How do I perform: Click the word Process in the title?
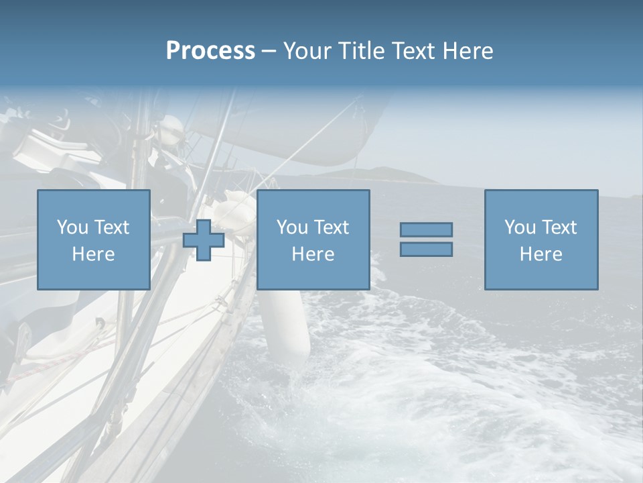coord(210,51)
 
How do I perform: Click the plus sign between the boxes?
coord(204,240)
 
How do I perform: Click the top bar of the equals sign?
coord(426,229)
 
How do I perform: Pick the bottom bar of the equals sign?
coord(426,250)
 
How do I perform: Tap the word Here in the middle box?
coord(313,254)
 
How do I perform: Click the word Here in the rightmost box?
coord(541,254)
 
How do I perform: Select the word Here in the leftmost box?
coord(93,254)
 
